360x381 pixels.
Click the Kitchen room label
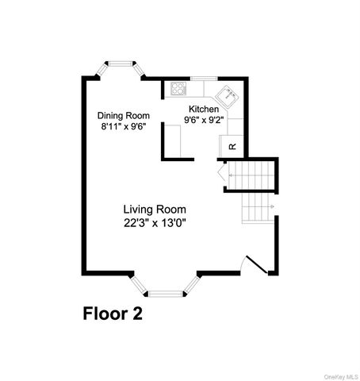click(204, 109)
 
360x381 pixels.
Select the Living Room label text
click(154, 209)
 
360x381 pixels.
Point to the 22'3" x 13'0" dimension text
click(154, 222)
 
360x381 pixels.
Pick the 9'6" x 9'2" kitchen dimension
click(204, 120)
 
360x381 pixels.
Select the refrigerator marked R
click(232, 146)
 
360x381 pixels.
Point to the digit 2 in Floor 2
click(137, 314)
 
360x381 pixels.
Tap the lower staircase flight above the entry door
click(257, 210)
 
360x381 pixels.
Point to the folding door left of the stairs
click(221, 172)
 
